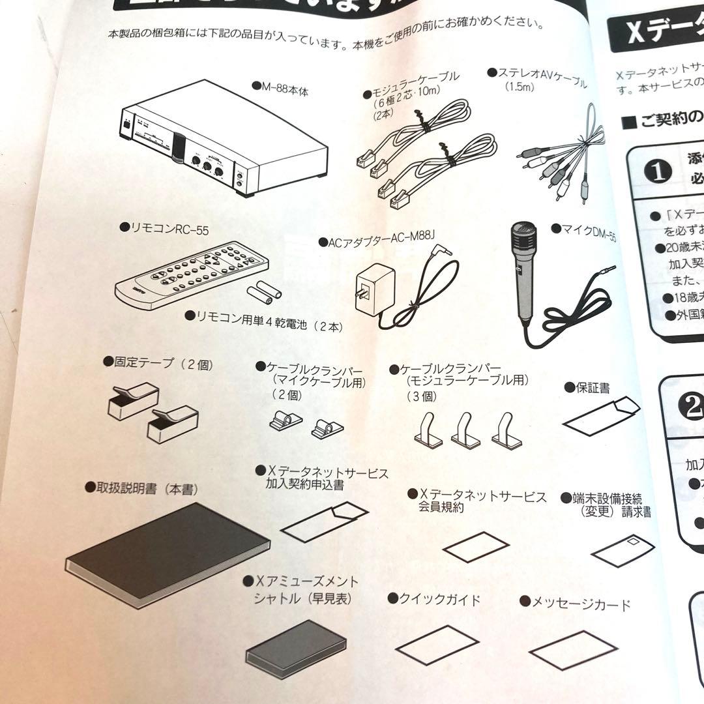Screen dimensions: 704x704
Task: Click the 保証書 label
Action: point(590,387)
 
